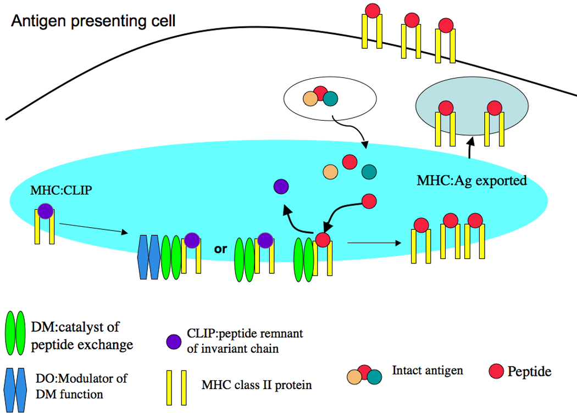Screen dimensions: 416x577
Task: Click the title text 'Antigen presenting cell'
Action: [93, 21]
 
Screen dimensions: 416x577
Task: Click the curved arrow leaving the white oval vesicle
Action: [352, 135]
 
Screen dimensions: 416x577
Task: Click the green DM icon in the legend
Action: [16, 333]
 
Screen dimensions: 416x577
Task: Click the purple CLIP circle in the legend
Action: [173, 340]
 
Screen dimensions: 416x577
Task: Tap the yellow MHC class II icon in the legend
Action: [175, 385]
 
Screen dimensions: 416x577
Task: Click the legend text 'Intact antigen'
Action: [427, 370]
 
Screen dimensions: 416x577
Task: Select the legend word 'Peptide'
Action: [529, 372]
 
